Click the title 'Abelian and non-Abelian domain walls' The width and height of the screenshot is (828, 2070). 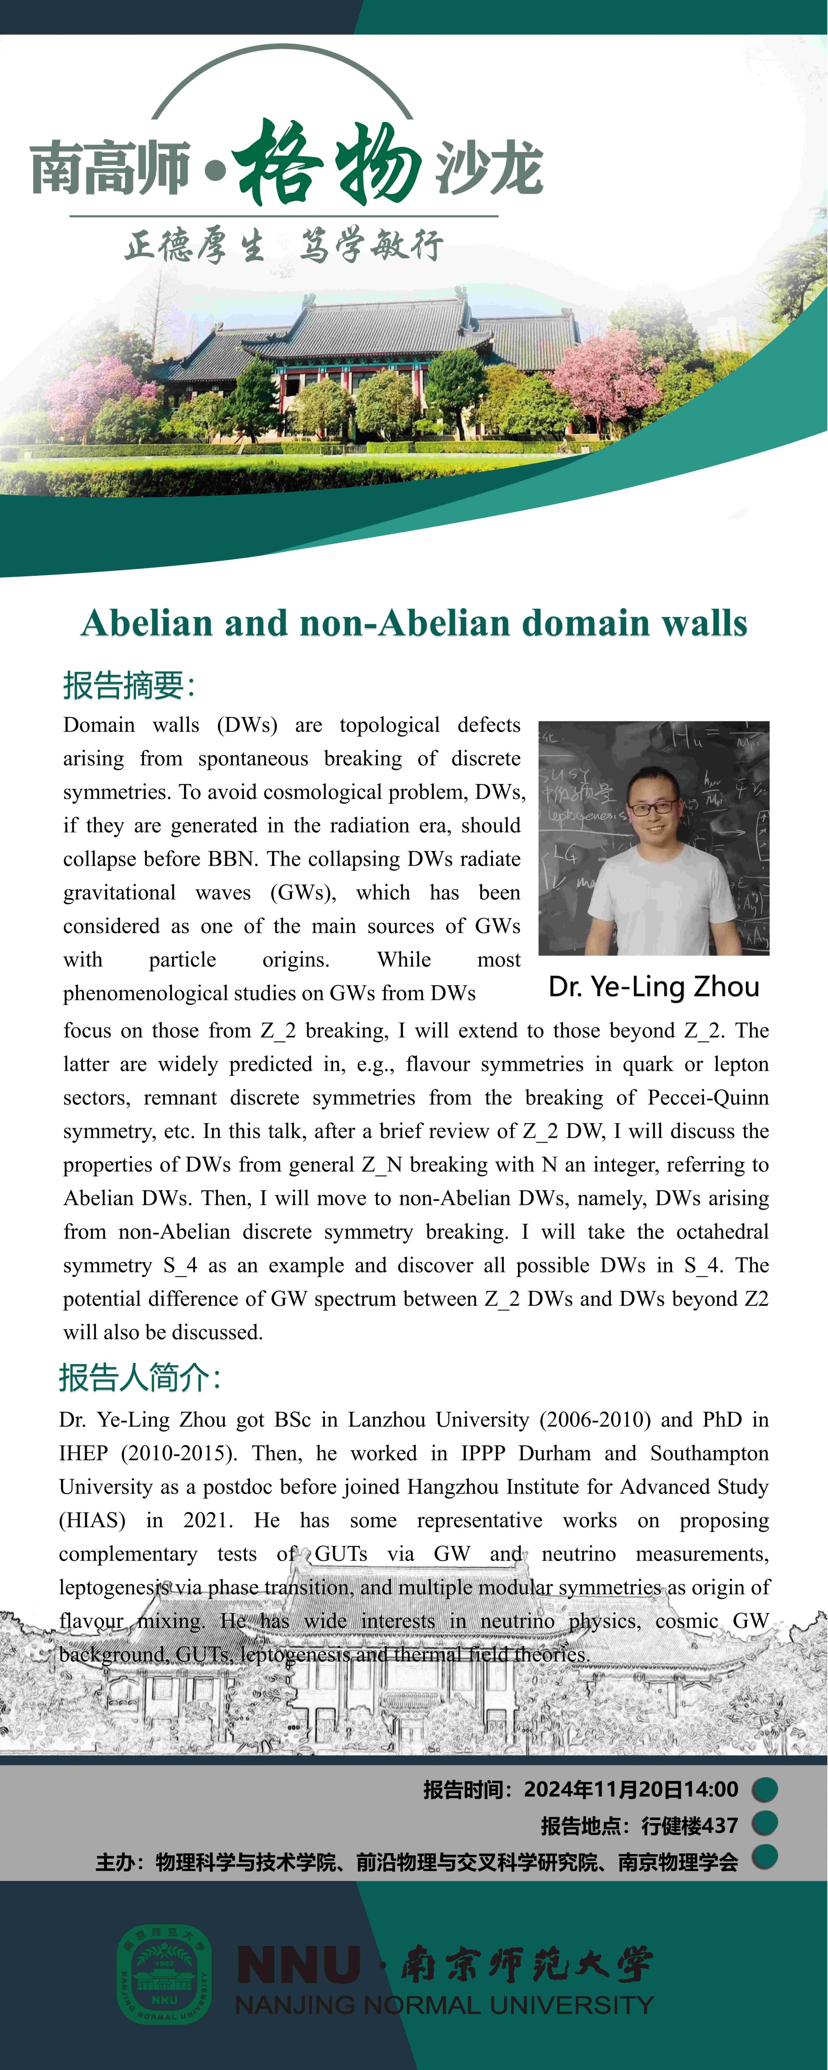tap(414, 623)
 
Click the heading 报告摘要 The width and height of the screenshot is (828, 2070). tap(129, 685)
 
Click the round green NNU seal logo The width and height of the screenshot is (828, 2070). tap(165, 1973)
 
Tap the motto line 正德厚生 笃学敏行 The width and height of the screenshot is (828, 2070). tap(283, 245)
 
